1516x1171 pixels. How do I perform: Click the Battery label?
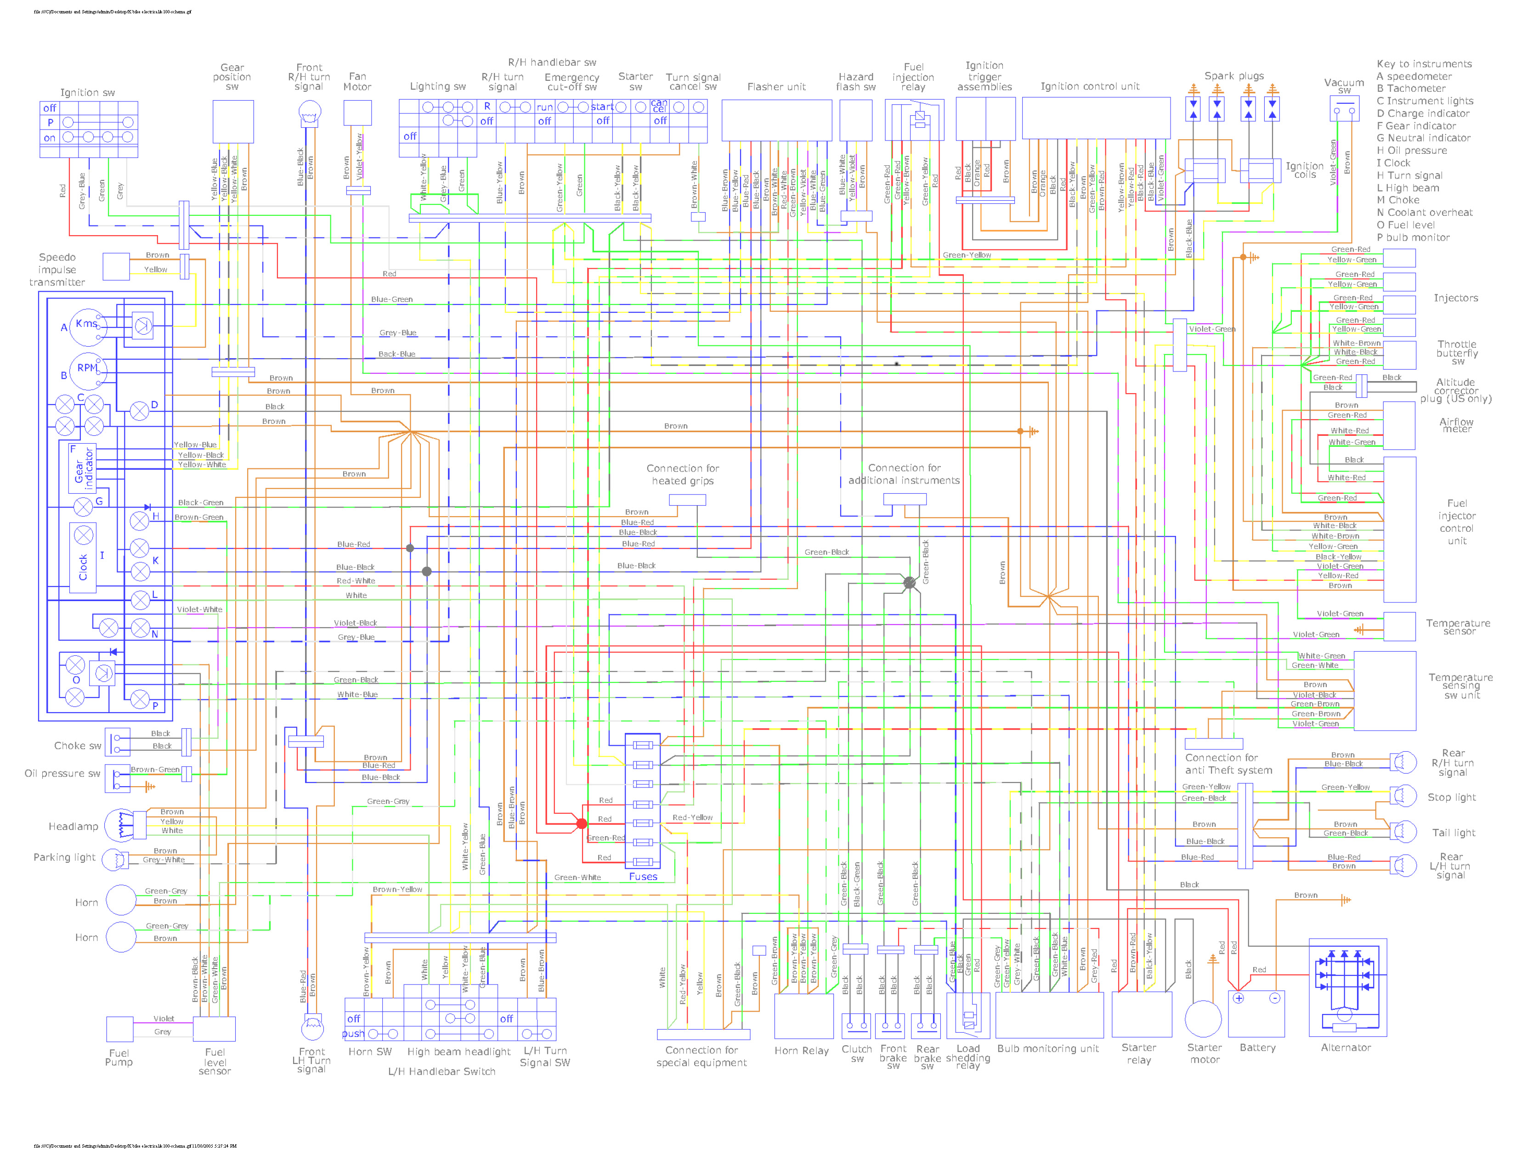coord(1257,1047)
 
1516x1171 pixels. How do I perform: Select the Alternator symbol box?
coord(1347,987)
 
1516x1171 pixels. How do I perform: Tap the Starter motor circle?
coord(1203,1019)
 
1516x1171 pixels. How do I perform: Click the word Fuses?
coord(643,877)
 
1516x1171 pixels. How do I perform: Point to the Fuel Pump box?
coord(119,1030)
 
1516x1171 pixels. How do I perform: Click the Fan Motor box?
coord(357,113)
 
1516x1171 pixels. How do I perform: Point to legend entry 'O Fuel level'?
coord(1406,225)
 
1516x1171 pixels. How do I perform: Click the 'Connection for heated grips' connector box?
coord(687,500)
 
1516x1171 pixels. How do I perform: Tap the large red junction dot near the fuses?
coord(582,824)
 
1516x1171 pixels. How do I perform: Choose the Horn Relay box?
coord(803,1016)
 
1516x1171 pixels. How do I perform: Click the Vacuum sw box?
coord(1345,109)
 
